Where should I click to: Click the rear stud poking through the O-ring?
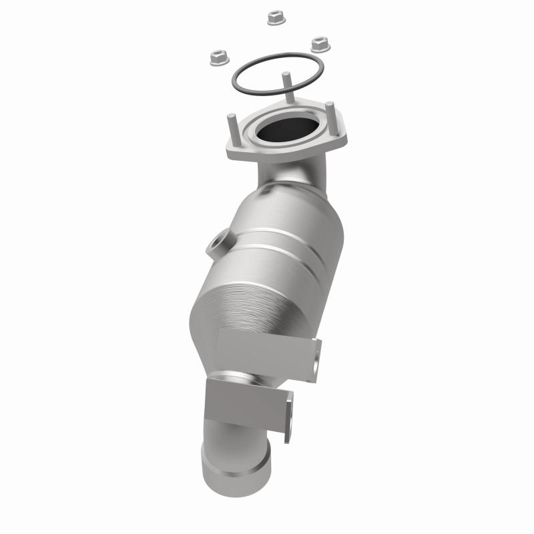pyautogui.click(x=285, y=84)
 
